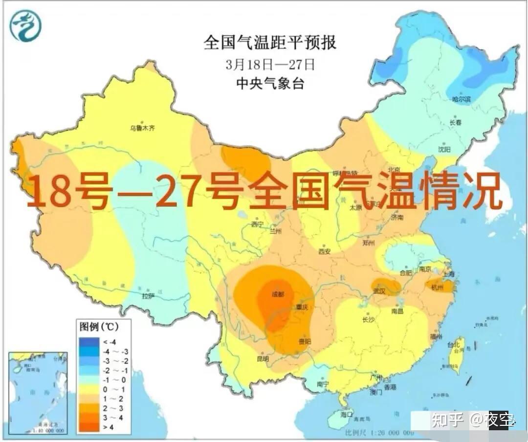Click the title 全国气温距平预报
[270, 43]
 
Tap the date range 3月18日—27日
[270, 64]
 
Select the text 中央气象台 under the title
[270, 84]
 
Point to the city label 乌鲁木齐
[142, 128]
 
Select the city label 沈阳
[444, 149]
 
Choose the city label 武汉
[380, 291]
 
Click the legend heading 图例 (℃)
[99, 326]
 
